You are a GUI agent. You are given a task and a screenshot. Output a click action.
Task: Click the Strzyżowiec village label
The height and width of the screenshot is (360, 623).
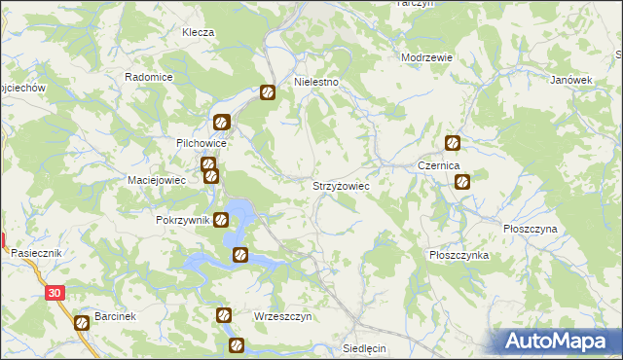click(x=340, y=184)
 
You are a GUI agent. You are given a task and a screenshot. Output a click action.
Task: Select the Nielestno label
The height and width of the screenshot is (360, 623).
click(x=316, y=83)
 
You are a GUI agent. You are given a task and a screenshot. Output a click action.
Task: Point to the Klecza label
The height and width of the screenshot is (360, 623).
click(x=198, y=32)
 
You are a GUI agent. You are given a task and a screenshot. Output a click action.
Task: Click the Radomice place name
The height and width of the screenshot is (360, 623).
click(x=149, y=77)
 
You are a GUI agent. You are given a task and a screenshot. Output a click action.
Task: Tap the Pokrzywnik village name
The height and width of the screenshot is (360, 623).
click(x=183, y=220)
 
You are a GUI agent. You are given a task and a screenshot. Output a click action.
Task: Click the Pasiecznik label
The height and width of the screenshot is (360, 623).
click(x=37, y=252)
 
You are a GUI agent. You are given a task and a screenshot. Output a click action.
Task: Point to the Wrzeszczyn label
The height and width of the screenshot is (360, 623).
click(x=282, y=317)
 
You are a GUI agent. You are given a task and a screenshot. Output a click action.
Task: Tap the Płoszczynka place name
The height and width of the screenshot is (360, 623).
click(x=458, y=254)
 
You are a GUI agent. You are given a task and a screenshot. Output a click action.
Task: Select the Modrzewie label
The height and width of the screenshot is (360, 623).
click(x=427, y=57)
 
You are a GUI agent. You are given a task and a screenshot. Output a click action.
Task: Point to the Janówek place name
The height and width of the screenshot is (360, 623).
click(x=571, y=80)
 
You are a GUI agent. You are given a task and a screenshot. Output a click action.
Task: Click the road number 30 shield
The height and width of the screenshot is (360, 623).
click(x=55, y=292)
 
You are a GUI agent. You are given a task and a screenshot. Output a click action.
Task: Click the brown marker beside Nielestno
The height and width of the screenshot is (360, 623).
click(x=268, y=93)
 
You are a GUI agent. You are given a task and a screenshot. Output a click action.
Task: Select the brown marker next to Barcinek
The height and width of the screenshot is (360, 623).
click(x=82, y=324)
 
